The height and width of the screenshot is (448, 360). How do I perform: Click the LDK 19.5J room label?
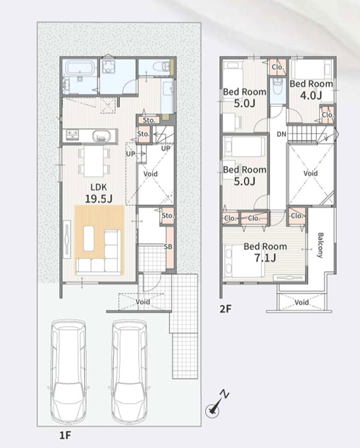pos(99,194)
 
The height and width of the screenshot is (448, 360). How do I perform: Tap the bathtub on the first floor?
pos(80,69)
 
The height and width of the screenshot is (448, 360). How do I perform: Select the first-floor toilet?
pos(161,67)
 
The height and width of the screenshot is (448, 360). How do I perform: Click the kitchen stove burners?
pos(72,134)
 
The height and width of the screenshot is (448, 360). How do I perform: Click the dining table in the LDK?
pos(93,161)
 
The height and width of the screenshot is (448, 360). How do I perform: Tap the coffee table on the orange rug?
pos(88,238)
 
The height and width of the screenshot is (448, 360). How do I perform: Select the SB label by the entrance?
pos(168,246)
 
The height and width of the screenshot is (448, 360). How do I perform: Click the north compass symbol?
pos(216,405)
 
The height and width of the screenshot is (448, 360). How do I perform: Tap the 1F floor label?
pos(65,435)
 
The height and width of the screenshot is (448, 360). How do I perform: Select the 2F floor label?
pos(225,309)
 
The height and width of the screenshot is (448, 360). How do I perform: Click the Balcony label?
pos(321,245)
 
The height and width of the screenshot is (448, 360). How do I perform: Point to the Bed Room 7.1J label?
pos(265,252)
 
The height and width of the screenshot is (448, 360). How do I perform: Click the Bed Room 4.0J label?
pos(311,90)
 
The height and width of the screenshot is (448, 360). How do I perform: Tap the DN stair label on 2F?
pos(282,134)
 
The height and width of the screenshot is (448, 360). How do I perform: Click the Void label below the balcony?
pos(301,302)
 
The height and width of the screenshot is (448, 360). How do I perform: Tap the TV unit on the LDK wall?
pos(67,239)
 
